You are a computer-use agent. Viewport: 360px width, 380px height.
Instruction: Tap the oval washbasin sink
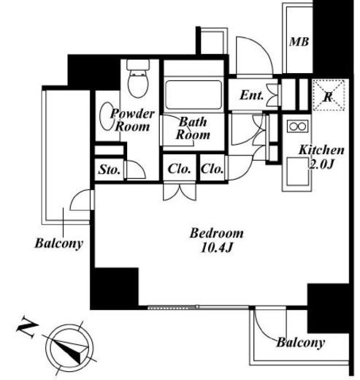pos(107,116)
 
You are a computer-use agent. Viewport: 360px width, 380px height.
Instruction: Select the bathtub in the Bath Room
pos(194,95)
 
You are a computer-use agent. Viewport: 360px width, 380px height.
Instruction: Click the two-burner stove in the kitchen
pos(297,126)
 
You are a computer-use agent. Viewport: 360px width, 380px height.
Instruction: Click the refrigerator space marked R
pos(328,95)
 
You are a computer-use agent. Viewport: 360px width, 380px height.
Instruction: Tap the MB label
pos(299,42)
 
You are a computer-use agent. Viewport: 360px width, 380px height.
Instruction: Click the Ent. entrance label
pos(252,95)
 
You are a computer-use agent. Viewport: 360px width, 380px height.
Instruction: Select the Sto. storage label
pos(110,170)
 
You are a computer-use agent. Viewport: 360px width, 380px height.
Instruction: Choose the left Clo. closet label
pos(179,169)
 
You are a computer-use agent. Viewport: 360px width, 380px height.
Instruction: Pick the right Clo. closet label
pos(212,169)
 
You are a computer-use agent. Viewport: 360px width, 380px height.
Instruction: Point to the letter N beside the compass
pos(26,327)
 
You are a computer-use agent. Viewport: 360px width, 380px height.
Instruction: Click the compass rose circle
pos(69,348)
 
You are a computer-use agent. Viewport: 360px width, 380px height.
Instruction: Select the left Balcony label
pos(59,243)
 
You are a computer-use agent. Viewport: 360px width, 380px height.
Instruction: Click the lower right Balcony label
pos(301,342)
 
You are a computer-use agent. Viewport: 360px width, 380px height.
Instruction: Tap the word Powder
pos(133,114)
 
